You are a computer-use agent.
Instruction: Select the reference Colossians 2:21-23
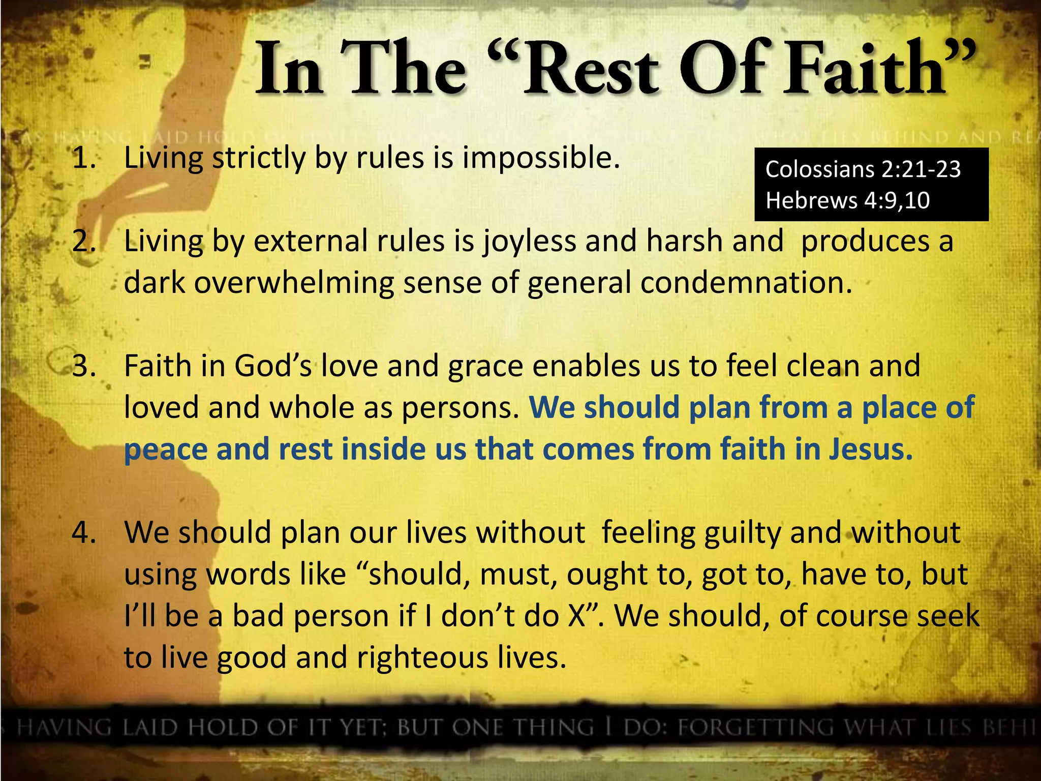click(x=863, y=169)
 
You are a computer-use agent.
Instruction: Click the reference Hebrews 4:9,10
click(x=847, y=200)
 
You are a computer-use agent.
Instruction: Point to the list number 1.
click(x=84, y=158)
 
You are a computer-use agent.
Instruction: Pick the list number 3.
click(x=84, y=366)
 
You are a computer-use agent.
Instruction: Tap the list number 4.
click(x=84, y=533)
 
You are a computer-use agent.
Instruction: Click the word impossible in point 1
click(x=541, y=158)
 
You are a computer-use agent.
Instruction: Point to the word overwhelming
click(x=294, y=284)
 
